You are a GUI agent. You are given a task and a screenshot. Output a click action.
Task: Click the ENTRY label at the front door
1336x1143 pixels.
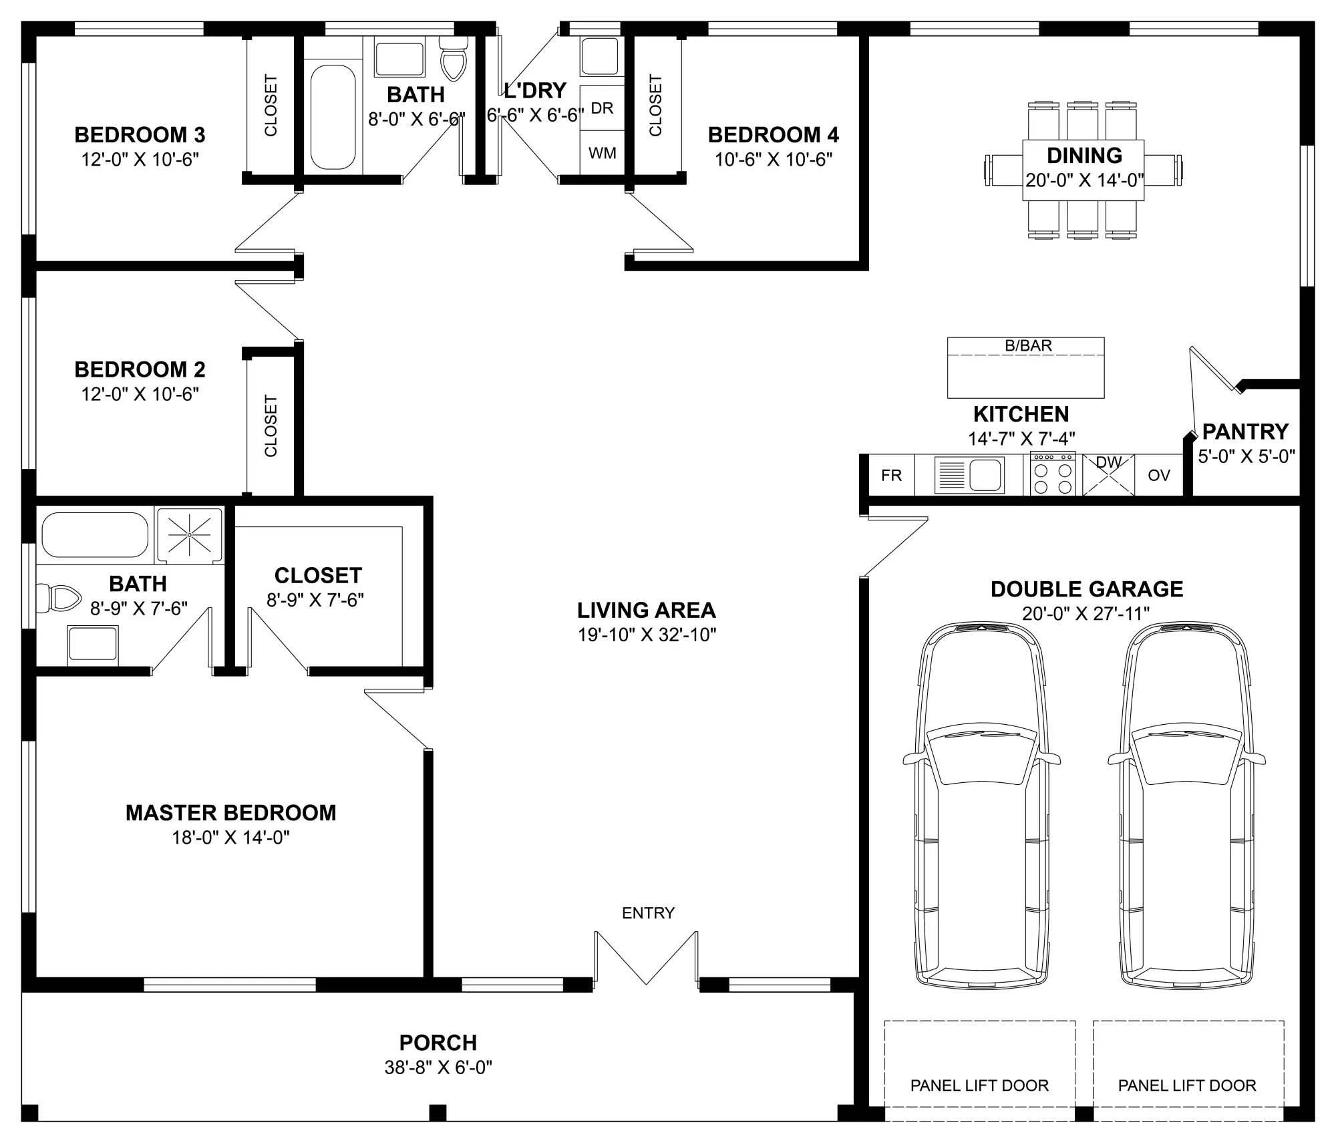click(648, 913)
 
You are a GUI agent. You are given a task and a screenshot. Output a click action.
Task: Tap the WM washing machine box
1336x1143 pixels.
click(602, 153)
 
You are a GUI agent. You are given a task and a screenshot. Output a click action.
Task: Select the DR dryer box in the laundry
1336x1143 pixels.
click(602, 108)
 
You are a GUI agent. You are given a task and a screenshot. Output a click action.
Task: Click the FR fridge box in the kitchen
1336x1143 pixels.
click(891, 475)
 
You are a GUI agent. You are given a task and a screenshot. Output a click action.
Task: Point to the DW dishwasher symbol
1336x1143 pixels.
click(1108, 475)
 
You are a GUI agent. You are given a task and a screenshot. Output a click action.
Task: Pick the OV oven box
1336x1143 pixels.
click(1159, 475)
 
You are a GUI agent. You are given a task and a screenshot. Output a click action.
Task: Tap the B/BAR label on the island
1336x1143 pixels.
click(1028, 345)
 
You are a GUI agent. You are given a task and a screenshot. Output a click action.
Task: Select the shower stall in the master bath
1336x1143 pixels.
click(189, 534)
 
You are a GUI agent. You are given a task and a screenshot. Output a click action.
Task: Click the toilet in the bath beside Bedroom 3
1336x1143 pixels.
click(455, 57)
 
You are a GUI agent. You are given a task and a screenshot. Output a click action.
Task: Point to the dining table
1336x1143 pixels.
click(1083, 170)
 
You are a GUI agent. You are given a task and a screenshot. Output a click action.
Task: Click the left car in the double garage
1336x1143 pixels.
click(981, 805)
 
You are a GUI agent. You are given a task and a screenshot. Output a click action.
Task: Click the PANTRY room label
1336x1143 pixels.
click(1245, 432)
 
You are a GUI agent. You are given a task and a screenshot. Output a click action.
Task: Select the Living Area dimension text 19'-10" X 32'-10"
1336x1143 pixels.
click(647, 635)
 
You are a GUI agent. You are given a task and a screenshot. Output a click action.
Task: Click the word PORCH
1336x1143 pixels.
click(438, 1043)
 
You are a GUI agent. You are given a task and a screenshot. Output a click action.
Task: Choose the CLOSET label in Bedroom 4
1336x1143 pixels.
click(655, 105)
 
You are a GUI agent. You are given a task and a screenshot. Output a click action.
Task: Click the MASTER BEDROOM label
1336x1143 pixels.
click(230, 813)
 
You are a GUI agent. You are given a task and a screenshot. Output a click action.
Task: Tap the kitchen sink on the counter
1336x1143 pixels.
click(970, 475)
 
